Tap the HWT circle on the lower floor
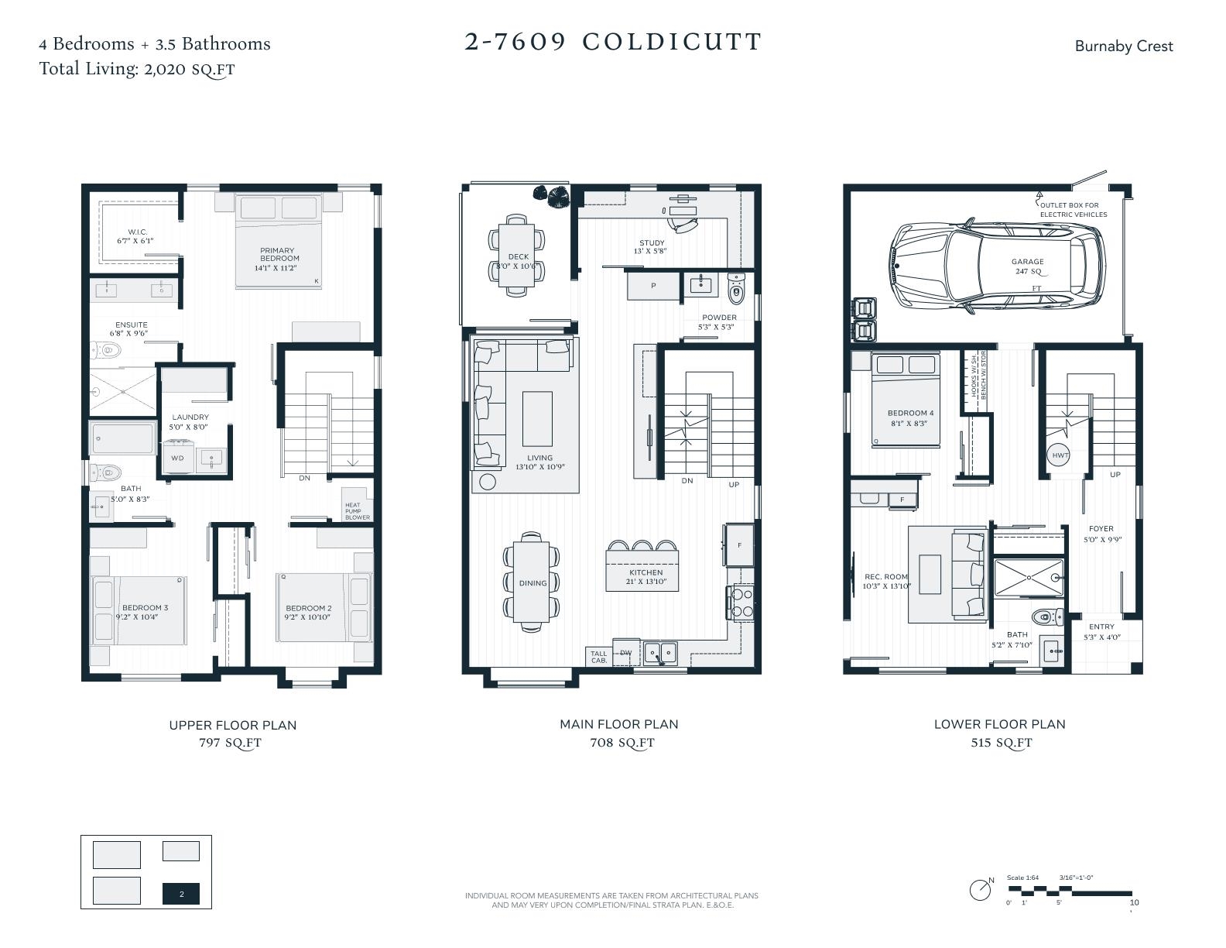click(x=1060, y=455)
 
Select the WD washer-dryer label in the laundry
click(x=177, y=458)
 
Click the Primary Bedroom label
click(x=277, y=255)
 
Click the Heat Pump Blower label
click(x=357, y=511)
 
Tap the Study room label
click(x=652, y=243)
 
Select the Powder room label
click(x=719, y=318)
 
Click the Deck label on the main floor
click(x=519, y=257)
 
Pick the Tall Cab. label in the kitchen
click(x=599, y=657)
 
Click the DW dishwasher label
click(x=626, y=653)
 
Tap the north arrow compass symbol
click(x=981, y=889)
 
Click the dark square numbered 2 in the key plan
click(x=181, y=894)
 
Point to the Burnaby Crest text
click(x=1123, y=46)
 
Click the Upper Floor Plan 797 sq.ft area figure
click(x=231, y=743)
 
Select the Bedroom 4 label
click(x=910, y=414)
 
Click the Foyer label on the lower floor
click(x=1101, y=529)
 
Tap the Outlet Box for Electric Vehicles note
click(x=1073, y=210)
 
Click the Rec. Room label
click(x=885, y=577)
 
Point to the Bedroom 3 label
click(x=145, y=608)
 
